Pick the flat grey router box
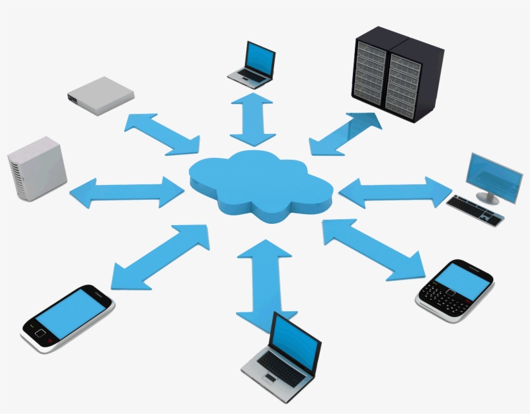point(100,95)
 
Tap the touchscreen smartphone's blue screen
point(69,314)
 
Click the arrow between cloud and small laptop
point(253,120)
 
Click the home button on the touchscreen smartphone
point(40,334)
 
